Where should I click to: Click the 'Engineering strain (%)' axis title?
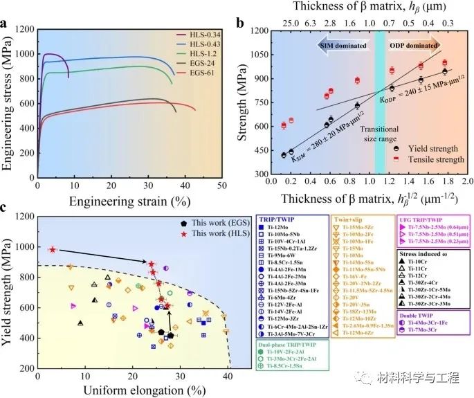129,201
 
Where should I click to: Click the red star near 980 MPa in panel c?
53,249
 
